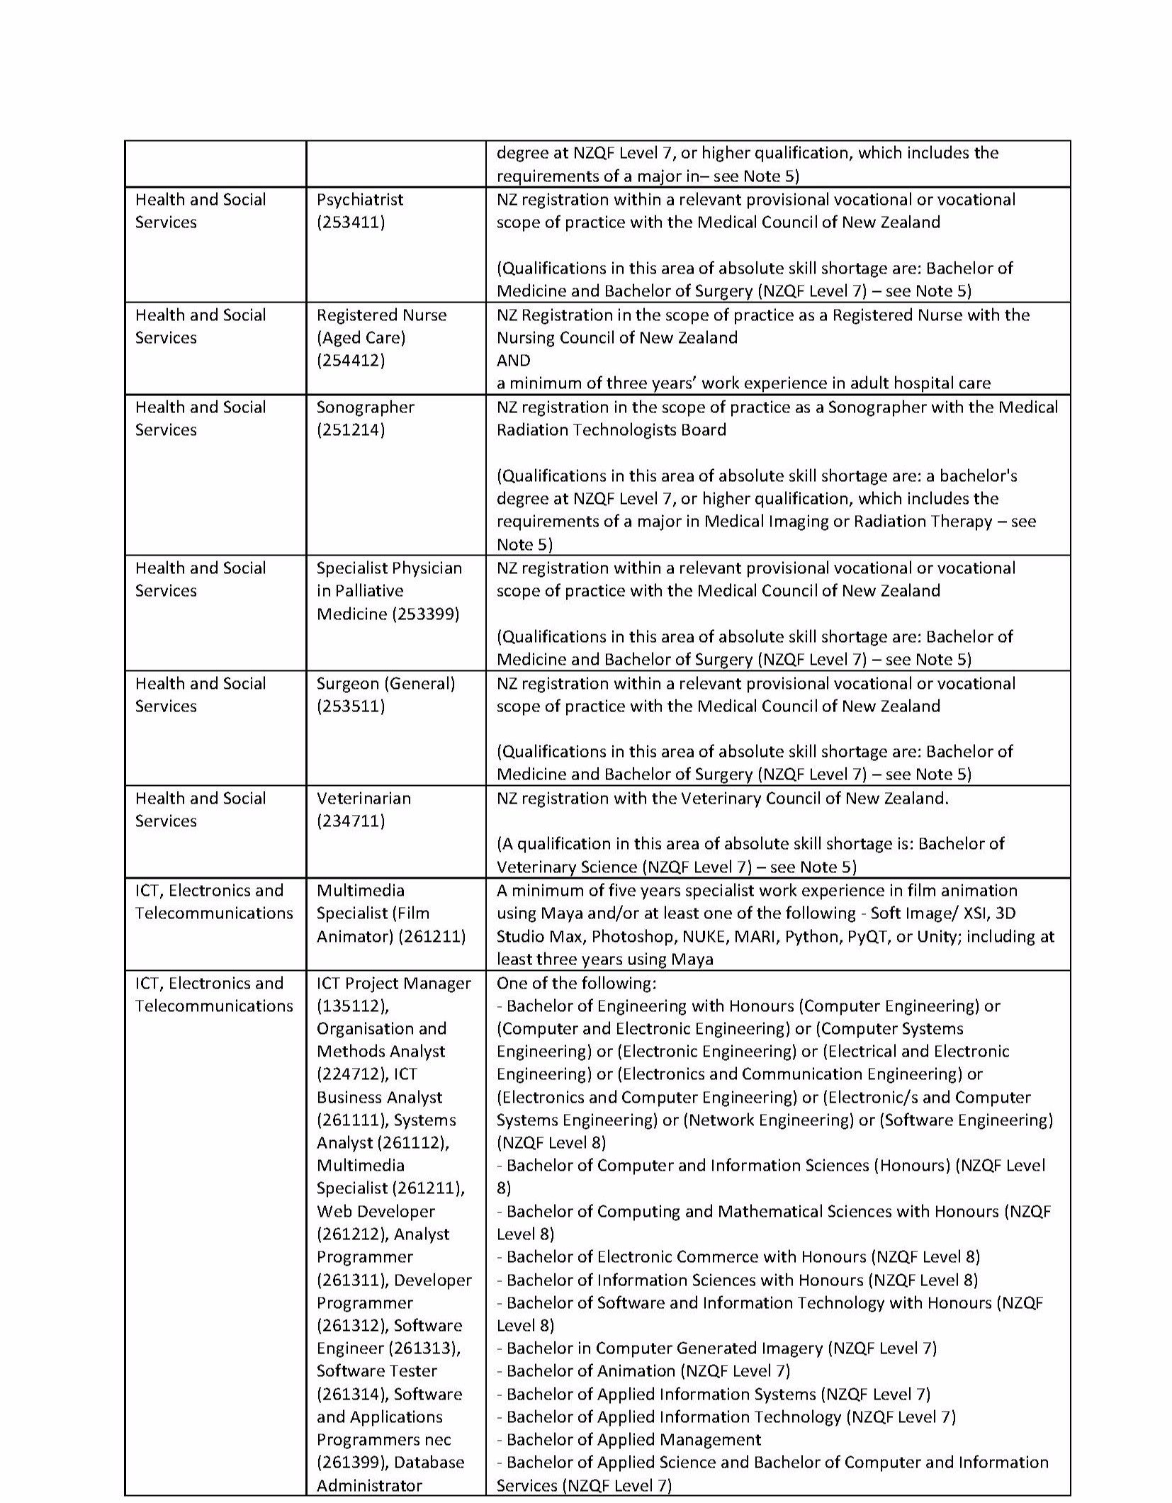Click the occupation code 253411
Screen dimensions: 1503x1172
click(351, 223)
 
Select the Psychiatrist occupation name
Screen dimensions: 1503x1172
click(360, 200)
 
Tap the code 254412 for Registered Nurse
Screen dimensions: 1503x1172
click(351, 361)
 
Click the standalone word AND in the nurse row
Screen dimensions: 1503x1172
click(513, 361)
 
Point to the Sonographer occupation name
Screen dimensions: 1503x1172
click(365, 407)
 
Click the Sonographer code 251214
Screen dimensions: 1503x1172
click(351, 430)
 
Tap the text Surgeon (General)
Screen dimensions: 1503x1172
click(385, 684)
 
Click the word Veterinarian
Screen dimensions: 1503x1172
click(364, 799)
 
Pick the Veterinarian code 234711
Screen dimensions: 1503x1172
click(351, 821)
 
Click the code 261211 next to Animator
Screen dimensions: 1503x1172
click(432, 937)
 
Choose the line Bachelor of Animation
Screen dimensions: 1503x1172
click(643, 1371)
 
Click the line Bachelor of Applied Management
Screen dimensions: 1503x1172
click(629, 1440)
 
